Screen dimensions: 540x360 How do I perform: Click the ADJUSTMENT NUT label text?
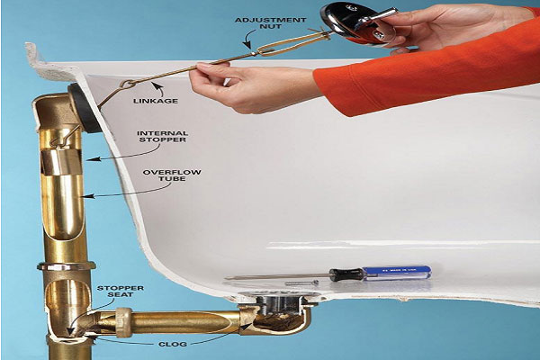(x=270, y=23)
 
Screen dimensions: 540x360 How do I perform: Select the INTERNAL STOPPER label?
(x=162, y=137)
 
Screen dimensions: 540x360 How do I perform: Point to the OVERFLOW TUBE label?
(x=172, y=175)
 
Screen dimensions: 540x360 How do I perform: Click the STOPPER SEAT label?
(x=121, y=292)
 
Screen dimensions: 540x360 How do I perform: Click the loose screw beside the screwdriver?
(x=301, y=283)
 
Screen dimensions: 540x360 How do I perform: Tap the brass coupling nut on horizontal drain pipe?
(x=124, y=322)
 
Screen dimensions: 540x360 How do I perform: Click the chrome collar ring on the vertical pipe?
(x=67, y=266)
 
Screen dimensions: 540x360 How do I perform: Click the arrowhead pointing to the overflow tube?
(x=88, y=196)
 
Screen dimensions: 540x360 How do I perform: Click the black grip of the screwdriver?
(x=346, y=274)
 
